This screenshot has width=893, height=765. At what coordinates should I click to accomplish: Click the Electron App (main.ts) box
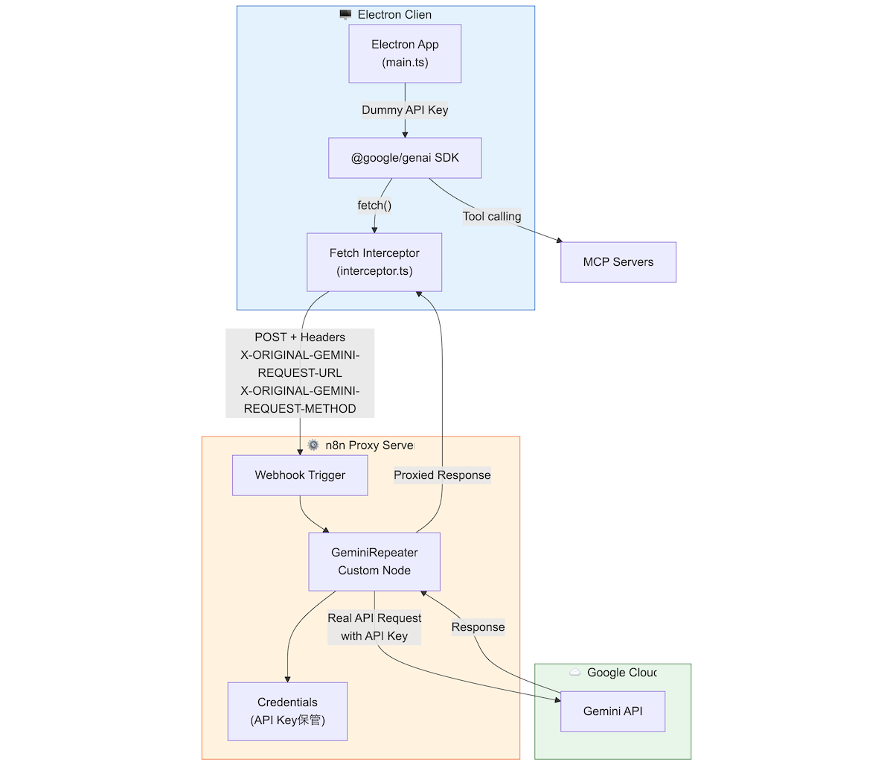[x=405, y=54]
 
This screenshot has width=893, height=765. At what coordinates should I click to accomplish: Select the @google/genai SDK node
[x=405, y=158]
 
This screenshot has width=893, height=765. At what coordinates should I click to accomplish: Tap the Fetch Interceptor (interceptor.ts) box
[x=374, y=262]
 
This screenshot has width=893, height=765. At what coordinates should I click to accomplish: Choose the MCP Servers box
[x=618, y=262]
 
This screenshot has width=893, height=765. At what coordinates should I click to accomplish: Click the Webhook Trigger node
[x=300, y=475]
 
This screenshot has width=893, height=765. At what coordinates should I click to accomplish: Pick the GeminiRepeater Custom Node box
[x=374, y=562]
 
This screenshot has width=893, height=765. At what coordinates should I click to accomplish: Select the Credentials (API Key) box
[x=287, y=711]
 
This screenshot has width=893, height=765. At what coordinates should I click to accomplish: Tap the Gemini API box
[x=612, y=711]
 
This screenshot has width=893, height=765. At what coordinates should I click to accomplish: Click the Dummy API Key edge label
[x=405, y=109]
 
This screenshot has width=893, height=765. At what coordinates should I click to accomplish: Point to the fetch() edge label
[x=374, y=206]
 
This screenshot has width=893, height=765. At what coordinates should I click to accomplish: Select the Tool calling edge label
[x=492, y=216]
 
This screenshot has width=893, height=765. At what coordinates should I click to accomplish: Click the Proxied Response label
[x=442, y=475]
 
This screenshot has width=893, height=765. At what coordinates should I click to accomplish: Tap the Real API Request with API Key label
[x=374, y=627]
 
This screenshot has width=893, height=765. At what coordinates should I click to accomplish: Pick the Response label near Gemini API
[x=478, y=627]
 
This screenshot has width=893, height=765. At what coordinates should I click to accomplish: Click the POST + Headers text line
[x=300, y=337]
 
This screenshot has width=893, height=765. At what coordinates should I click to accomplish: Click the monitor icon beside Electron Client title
[x=345, y=15]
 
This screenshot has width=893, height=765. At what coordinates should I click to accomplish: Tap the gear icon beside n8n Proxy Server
[x=313, y=445]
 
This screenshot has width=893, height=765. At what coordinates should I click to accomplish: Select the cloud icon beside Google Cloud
[x=574, y=672]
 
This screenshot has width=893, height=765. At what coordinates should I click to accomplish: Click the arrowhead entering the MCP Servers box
[x=560, y=241]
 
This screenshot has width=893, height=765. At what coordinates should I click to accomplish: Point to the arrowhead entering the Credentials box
[x=287, y=679]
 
